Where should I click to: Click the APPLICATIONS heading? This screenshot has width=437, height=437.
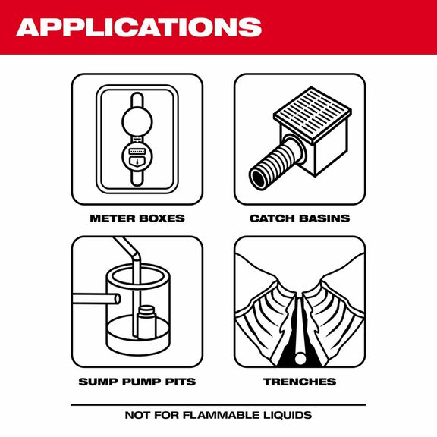[x=138, y=27]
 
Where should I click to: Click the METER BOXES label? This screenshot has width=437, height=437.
[x=137, y=218]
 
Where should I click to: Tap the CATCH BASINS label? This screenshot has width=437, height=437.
[x=300, y=218]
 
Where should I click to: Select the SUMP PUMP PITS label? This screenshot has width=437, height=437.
[x=137, y=381]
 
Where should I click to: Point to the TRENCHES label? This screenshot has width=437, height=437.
[x=300, y=381]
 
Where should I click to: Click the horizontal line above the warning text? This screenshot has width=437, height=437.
[x=218, y=403]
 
